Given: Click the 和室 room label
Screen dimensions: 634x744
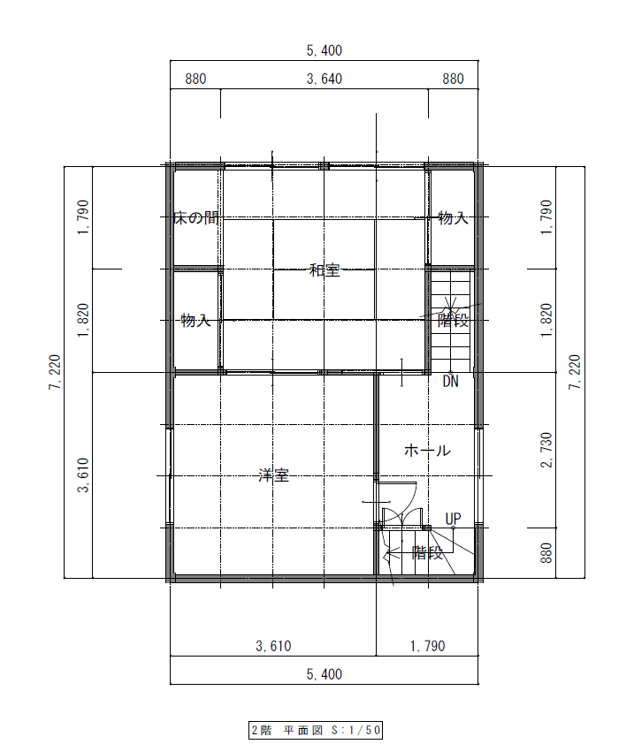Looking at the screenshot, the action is [325, 270].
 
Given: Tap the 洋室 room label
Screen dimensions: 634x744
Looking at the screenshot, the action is [273, 475].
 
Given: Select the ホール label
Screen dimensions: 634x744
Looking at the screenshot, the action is [427, 451].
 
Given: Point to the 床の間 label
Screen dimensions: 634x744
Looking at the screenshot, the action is [196, 217].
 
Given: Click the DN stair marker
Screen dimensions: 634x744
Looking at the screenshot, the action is [450, 381].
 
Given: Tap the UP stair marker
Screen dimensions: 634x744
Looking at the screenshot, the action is [453, 519].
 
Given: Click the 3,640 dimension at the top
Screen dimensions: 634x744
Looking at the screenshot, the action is [325, 79].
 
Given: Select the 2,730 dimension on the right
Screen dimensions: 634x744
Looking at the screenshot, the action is [546, 450].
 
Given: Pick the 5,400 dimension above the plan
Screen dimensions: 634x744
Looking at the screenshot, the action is [325, 50].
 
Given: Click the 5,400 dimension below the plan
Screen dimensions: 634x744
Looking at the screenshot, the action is [325, 674].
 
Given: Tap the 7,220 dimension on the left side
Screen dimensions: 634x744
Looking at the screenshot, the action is [55, 373].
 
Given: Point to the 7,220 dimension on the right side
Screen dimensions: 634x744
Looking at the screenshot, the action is [575, 373].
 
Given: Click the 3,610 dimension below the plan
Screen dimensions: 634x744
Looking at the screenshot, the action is [273, 646].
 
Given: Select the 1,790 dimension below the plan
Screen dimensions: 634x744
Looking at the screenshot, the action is [427, 646].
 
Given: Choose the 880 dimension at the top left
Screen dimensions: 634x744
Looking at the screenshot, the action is [195, 79].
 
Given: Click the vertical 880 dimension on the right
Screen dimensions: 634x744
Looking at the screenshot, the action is [546, 553].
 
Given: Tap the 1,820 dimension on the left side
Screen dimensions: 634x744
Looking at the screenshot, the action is [83, 320].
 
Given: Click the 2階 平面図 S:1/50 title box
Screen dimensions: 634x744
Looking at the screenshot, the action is [316, 730].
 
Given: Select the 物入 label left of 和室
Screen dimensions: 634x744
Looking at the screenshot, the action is [195, 320].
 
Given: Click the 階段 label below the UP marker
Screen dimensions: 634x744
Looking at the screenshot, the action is [427, 553].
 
